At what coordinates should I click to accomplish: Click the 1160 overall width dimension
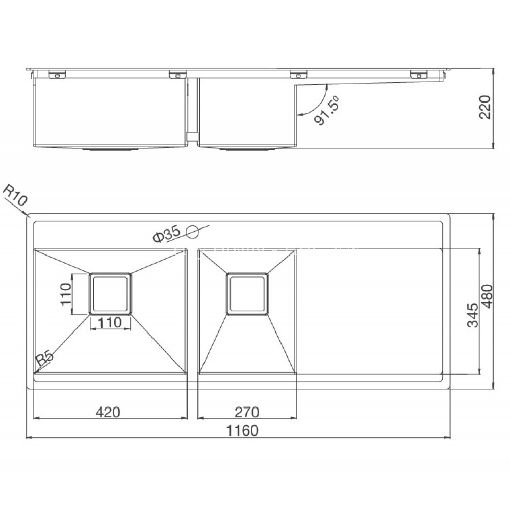[x=240, y=430]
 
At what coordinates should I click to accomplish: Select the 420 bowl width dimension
[x=108, y=411]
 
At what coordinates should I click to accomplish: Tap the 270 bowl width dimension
[x=248, y=411]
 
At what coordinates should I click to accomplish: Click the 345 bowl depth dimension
[x=472, y=315]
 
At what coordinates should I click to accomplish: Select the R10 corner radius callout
[x=14, y=196]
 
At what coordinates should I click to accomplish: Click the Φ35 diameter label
[x=166, y=234]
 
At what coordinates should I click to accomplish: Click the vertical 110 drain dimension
[x=65, y=293]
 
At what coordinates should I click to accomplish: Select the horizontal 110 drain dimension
[x=111, y=322]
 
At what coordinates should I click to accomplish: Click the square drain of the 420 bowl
[x=111, y=293]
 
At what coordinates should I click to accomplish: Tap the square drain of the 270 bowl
[x=247, y=293]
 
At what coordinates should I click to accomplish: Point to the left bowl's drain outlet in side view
[x=111, y=150]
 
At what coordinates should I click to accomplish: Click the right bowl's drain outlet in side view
[x=247, y=150]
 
